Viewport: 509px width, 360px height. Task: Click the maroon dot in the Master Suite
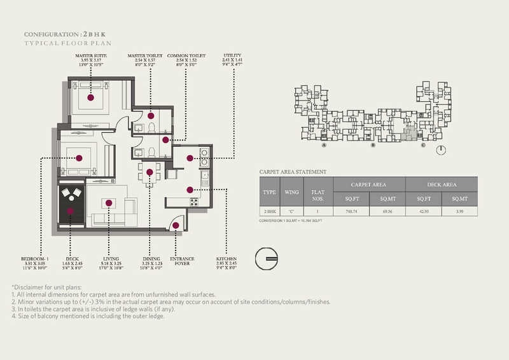[92, 99]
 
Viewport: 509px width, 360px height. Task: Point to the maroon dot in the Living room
[109, 203]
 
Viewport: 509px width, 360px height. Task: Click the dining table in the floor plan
[150, 172]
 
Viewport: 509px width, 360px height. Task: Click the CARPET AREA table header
[370, 184]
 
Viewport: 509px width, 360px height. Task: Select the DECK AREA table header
[441, 184]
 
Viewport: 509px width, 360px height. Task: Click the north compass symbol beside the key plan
[442, 150]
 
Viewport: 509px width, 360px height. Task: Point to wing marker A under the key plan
[324, 146]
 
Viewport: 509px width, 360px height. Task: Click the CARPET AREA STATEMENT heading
[293, 172]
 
